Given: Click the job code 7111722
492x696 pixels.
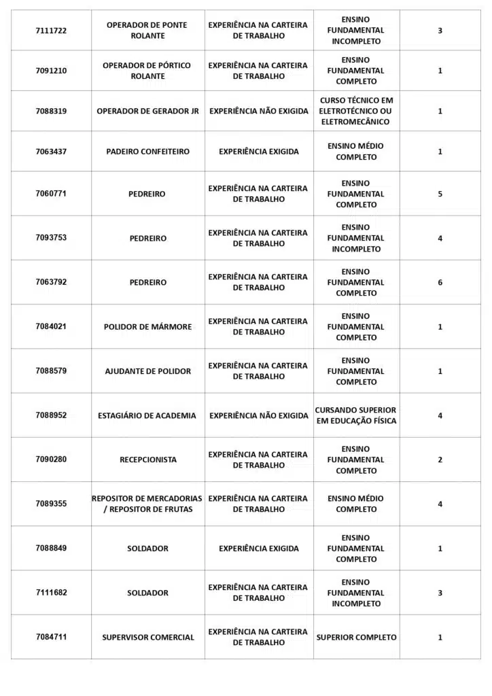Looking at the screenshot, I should click(51, 31).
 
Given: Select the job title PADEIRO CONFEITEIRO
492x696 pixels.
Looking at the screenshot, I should click(147, 152).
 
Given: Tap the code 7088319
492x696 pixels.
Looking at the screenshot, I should click(51, 111).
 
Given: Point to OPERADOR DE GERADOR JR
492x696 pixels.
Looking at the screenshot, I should click(147, 111).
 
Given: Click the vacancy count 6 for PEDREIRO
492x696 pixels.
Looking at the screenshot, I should click(440, 282).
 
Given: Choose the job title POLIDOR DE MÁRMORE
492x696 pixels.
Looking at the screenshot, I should click(147, 327).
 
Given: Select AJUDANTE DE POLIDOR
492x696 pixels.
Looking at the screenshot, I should click(147, 371).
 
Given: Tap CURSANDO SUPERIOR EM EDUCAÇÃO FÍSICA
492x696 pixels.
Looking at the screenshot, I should click(355, 415).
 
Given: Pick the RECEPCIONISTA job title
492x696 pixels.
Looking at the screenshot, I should click(147, 460).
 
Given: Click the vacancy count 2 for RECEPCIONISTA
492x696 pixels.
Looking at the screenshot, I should click(440, 459).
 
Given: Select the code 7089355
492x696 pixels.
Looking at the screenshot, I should click(51, 504).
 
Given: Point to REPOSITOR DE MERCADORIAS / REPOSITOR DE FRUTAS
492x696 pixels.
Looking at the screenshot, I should click(147, 504).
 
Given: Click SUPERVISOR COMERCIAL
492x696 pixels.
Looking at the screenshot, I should click(147, 638).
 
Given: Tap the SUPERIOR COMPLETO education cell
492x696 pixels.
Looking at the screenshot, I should click(356, 638).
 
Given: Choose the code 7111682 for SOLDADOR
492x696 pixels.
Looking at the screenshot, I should click(51, 593).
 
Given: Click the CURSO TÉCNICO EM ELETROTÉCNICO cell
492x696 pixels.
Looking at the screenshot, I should click(356, 111).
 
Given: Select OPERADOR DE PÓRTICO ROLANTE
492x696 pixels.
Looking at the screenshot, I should click(147, 71).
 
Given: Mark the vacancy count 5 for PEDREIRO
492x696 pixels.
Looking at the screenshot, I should click(440, 194).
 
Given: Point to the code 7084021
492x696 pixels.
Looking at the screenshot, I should click(51, 326).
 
